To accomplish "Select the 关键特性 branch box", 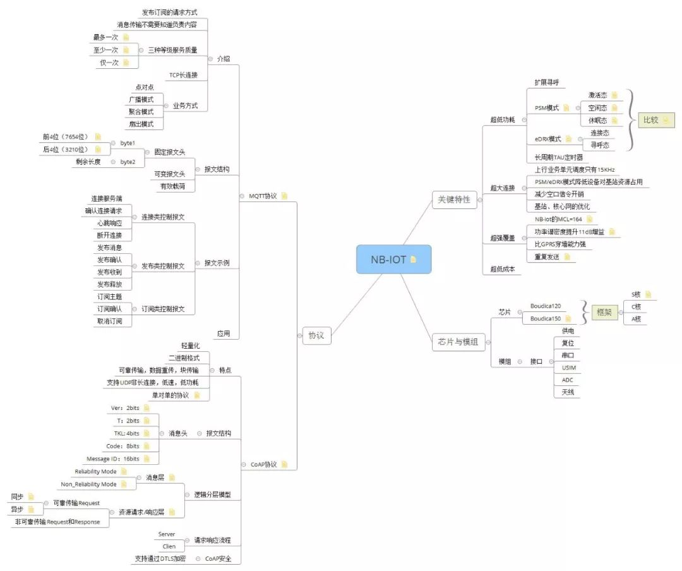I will tap(453, 199).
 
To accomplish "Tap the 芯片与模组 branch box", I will tap(458, 342).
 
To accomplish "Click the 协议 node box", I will tap(316, 335).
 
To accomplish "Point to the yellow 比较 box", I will tap(650, 120).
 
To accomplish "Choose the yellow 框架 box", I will tap(604, 312).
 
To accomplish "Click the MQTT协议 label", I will tap(262, 196).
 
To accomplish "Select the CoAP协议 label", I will tap(263, 464).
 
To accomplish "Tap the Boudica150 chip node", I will tap(546, 318).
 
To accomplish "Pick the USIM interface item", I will tap(568, 368).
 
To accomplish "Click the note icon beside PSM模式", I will tap(566, 108).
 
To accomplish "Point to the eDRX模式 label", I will tap(547, 139).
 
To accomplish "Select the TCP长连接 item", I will tap(183, 75).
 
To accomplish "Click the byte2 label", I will tap(128, 162).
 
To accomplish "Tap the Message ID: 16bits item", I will tap(112, 459).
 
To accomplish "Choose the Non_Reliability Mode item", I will tap(88, 484).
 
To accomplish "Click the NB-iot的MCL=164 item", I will tap(558, 219).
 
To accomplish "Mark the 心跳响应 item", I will tap(109, 223).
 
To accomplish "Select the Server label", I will tap(167, 534).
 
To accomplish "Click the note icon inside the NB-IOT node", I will tap(414, 259).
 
